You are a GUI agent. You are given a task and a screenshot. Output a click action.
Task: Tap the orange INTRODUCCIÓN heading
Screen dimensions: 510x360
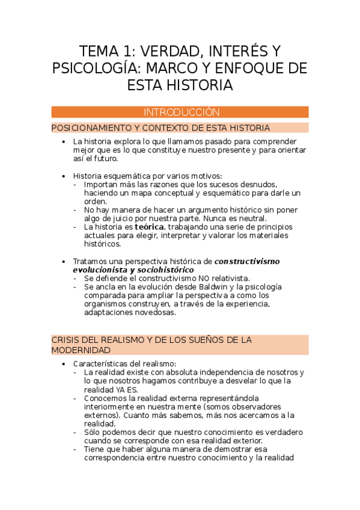pos(180,112)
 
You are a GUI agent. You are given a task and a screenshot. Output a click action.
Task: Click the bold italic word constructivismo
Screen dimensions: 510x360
pos(247,262)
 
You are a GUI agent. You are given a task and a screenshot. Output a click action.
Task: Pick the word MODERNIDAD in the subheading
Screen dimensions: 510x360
pos(81,350)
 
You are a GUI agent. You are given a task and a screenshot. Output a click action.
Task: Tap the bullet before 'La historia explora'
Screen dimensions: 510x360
pos(64,142)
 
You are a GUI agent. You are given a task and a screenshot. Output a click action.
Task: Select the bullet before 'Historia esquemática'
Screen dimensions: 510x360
pos(64,176)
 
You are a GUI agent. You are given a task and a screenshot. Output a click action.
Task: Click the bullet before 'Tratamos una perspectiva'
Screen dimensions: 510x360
pos(64,262)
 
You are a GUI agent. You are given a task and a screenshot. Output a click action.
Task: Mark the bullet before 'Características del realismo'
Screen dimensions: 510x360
pos(64,364)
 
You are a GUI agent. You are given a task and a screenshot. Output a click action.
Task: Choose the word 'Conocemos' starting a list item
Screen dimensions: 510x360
pos(105,398)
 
